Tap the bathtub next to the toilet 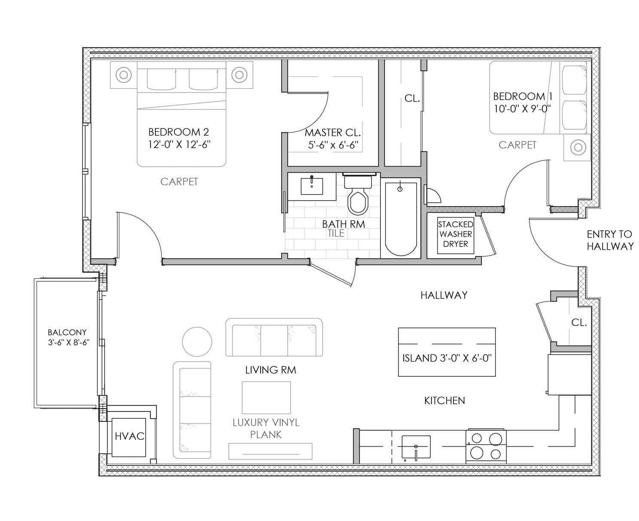point(401,219)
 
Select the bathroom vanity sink point(311,186)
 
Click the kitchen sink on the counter point(416,447)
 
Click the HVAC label point(129,436)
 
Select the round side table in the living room point(197,341)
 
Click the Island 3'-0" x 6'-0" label point(447,358)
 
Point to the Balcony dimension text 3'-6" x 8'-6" point(69,342)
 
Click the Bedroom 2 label point(179,132)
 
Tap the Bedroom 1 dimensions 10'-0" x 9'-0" point(522,109)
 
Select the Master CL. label point(333,132)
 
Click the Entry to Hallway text point(610,240)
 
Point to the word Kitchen point(444,401)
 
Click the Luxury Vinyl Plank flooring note point(266,429)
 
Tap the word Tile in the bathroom point(336,233)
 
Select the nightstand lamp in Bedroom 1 point(578,148)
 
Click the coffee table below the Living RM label point(266,398)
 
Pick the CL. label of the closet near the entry point(579,323)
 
